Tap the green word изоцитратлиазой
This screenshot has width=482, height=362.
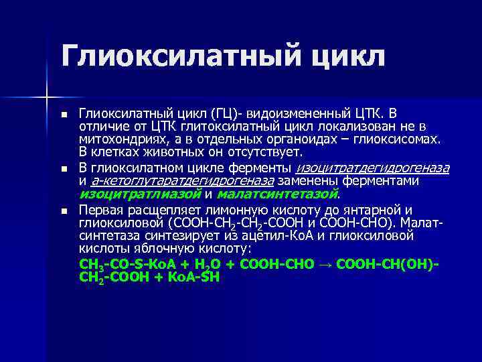[139, 194]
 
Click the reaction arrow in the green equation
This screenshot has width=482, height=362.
[325, 263]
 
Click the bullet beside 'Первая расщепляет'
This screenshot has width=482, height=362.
[64, 210]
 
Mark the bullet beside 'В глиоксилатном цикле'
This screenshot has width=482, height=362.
[64, 168]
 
